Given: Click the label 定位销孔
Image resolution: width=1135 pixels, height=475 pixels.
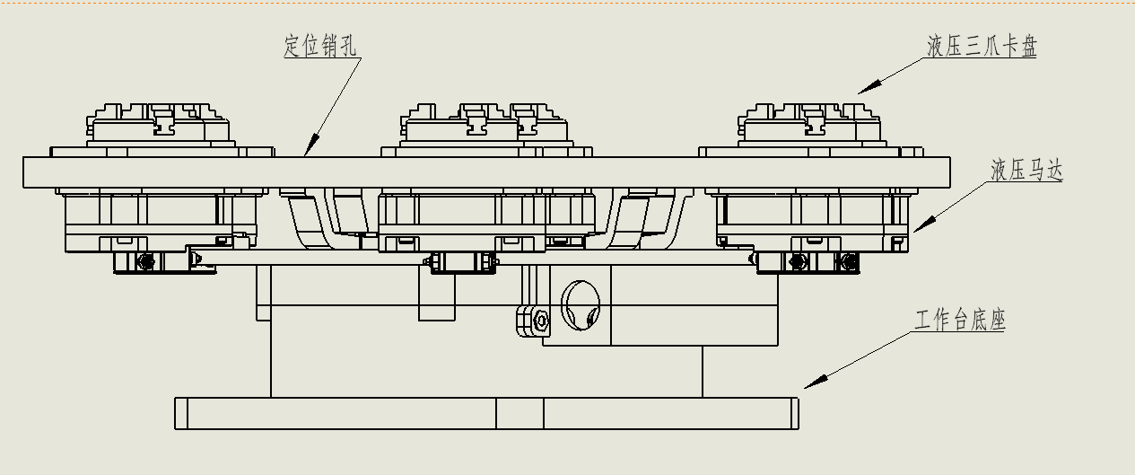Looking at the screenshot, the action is [320, 46].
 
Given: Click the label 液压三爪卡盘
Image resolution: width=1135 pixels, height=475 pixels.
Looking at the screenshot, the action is [982, 46].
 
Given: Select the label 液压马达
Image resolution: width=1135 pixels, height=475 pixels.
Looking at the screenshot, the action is [1026, 170].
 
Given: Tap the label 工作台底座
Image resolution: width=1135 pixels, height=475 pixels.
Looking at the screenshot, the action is [960, 320].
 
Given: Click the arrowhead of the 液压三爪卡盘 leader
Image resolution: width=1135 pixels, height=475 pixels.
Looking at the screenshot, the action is [869, 87].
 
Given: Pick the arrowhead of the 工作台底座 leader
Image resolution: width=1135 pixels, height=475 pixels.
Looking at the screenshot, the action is [816, 382].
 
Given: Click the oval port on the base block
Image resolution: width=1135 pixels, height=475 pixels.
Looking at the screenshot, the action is [581, 305].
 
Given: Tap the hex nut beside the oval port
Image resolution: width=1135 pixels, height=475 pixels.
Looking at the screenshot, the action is [541, 321].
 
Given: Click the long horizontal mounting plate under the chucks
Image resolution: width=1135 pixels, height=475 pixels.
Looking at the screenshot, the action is [486, 172].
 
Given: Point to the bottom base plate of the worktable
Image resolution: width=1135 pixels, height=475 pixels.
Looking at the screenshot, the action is [486, 413].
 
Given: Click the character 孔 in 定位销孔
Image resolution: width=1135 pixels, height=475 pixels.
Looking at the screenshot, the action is [347, 46].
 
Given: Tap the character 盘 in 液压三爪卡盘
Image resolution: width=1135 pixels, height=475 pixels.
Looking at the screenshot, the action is [1028, 46].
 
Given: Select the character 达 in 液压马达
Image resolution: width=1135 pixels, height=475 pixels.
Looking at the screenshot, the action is [1054, 170].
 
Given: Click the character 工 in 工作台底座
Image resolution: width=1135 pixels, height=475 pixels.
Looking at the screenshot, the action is [924, 320].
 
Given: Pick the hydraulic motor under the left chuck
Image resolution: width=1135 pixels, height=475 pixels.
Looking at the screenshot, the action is [162, 221].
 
